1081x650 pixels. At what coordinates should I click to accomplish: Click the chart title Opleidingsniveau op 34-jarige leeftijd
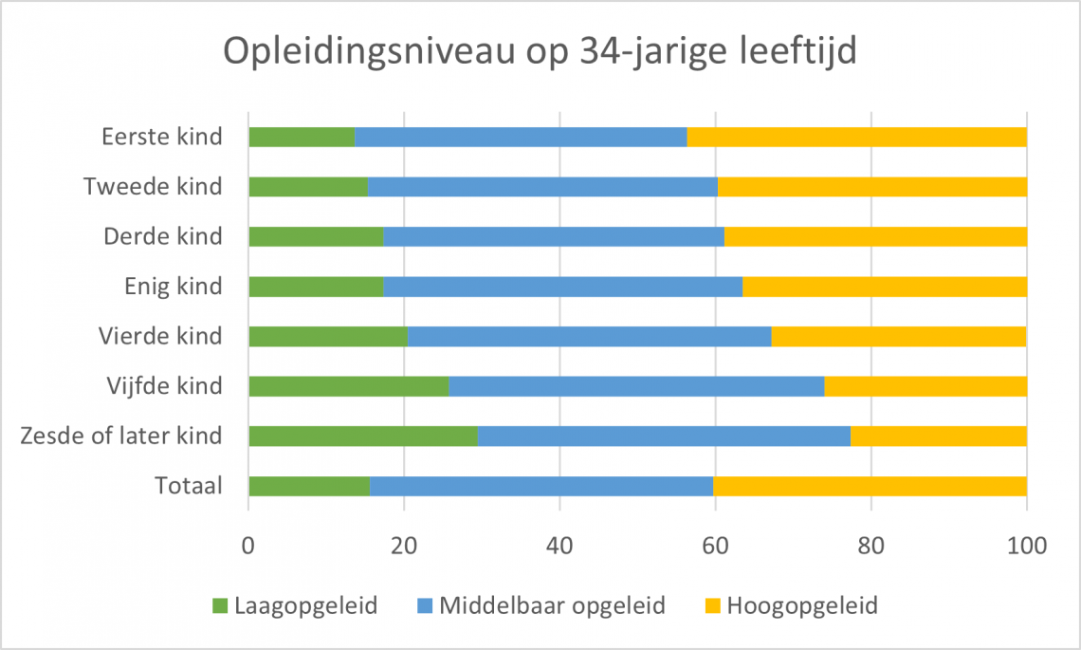pyautogui.click(x=540, y=51)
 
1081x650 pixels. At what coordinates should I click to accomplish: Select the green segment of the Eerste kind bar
pyautogui.click(x=301, y=137)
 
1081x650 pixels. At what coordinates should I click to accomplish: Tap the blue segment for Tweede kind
pyautogui.click(x=542, y=186)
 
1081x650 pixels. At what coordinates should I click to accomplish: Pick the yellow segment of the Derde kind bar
pyautogui.click(x=875, y=236)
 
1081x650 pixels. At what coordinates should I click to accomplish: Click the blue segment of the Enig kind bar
pyautogui.click(x=562, y=286)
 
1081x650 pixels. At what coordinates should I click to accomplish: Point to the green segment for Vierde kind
pyautogui.click(x=327, y=336)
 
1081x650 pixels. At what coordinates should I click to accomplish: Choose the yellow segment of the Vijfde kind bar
pyautogui.click(x=925, y=385)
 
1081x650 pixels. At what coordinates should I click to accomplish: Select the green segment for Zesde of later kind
pyautogui.click(x=362, y=436)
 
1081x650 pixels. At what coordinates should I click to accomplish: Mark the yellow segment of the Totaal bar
pyautogui.click(x=870, y=486)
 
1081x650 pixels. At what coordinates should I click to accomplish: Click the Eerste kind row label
pyautogui.click(x=162, y=137)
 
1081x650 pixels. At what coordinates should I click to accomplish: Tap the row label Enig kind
pyautogui.click(x=174, y=286)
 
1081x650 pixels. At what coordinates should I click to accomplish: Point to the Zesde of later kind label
pyautogui.click(x=120, y=436)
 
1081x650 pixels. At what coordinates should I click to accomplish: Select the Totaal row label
pyautogui.click(x=189, y=486)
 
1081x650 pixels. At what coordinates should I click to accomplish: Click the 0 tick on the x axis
pyautogui.click(x=248, y=546)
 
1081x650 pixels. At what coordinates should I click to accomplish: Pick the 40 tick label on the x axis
pyautogui.click(x=559, y=546)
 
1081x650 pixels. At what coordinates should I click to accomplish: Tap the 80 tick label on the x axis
pyautogui.click(x=870, y=546)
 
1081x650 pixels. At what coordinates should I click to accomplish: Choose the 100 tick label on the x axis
pyautogui.click(x=1026, y=546)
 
